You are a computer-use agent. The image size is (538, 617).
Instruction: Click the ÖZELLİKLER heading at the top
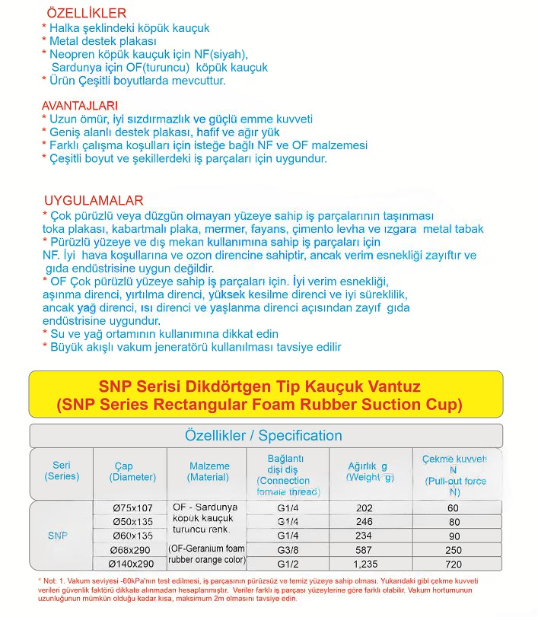(87, 13)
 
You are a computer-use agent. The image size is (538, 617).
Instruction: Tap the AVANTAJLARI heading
(80, 105)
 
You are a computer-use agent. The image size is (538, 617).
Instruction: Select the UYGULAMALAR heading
(94, 201)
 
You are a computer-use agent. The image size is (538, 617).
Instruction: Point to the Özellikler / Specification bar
(264, 436)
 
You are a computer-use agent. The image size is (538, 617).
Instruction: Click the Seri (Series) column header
(62, 471)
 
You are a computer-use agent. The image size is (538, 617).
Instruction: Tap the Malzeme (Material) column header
(208, 472)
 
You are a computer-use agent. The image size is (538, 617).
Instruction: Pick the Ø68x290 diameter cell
(132, 550)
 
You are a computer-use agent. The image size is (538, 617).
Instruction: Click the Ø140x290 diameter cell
(132, 564)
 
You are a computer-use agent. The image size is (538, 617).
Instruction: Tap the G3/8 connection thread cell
(287, 550)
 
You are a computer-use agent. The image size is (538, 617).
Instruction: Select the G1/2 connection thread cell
(287, 564)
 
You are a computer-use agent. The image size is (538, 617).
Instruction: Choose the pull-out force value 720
(454, 564)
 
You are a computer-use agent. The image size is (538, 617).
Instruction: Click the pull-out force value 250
(454, 550)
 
